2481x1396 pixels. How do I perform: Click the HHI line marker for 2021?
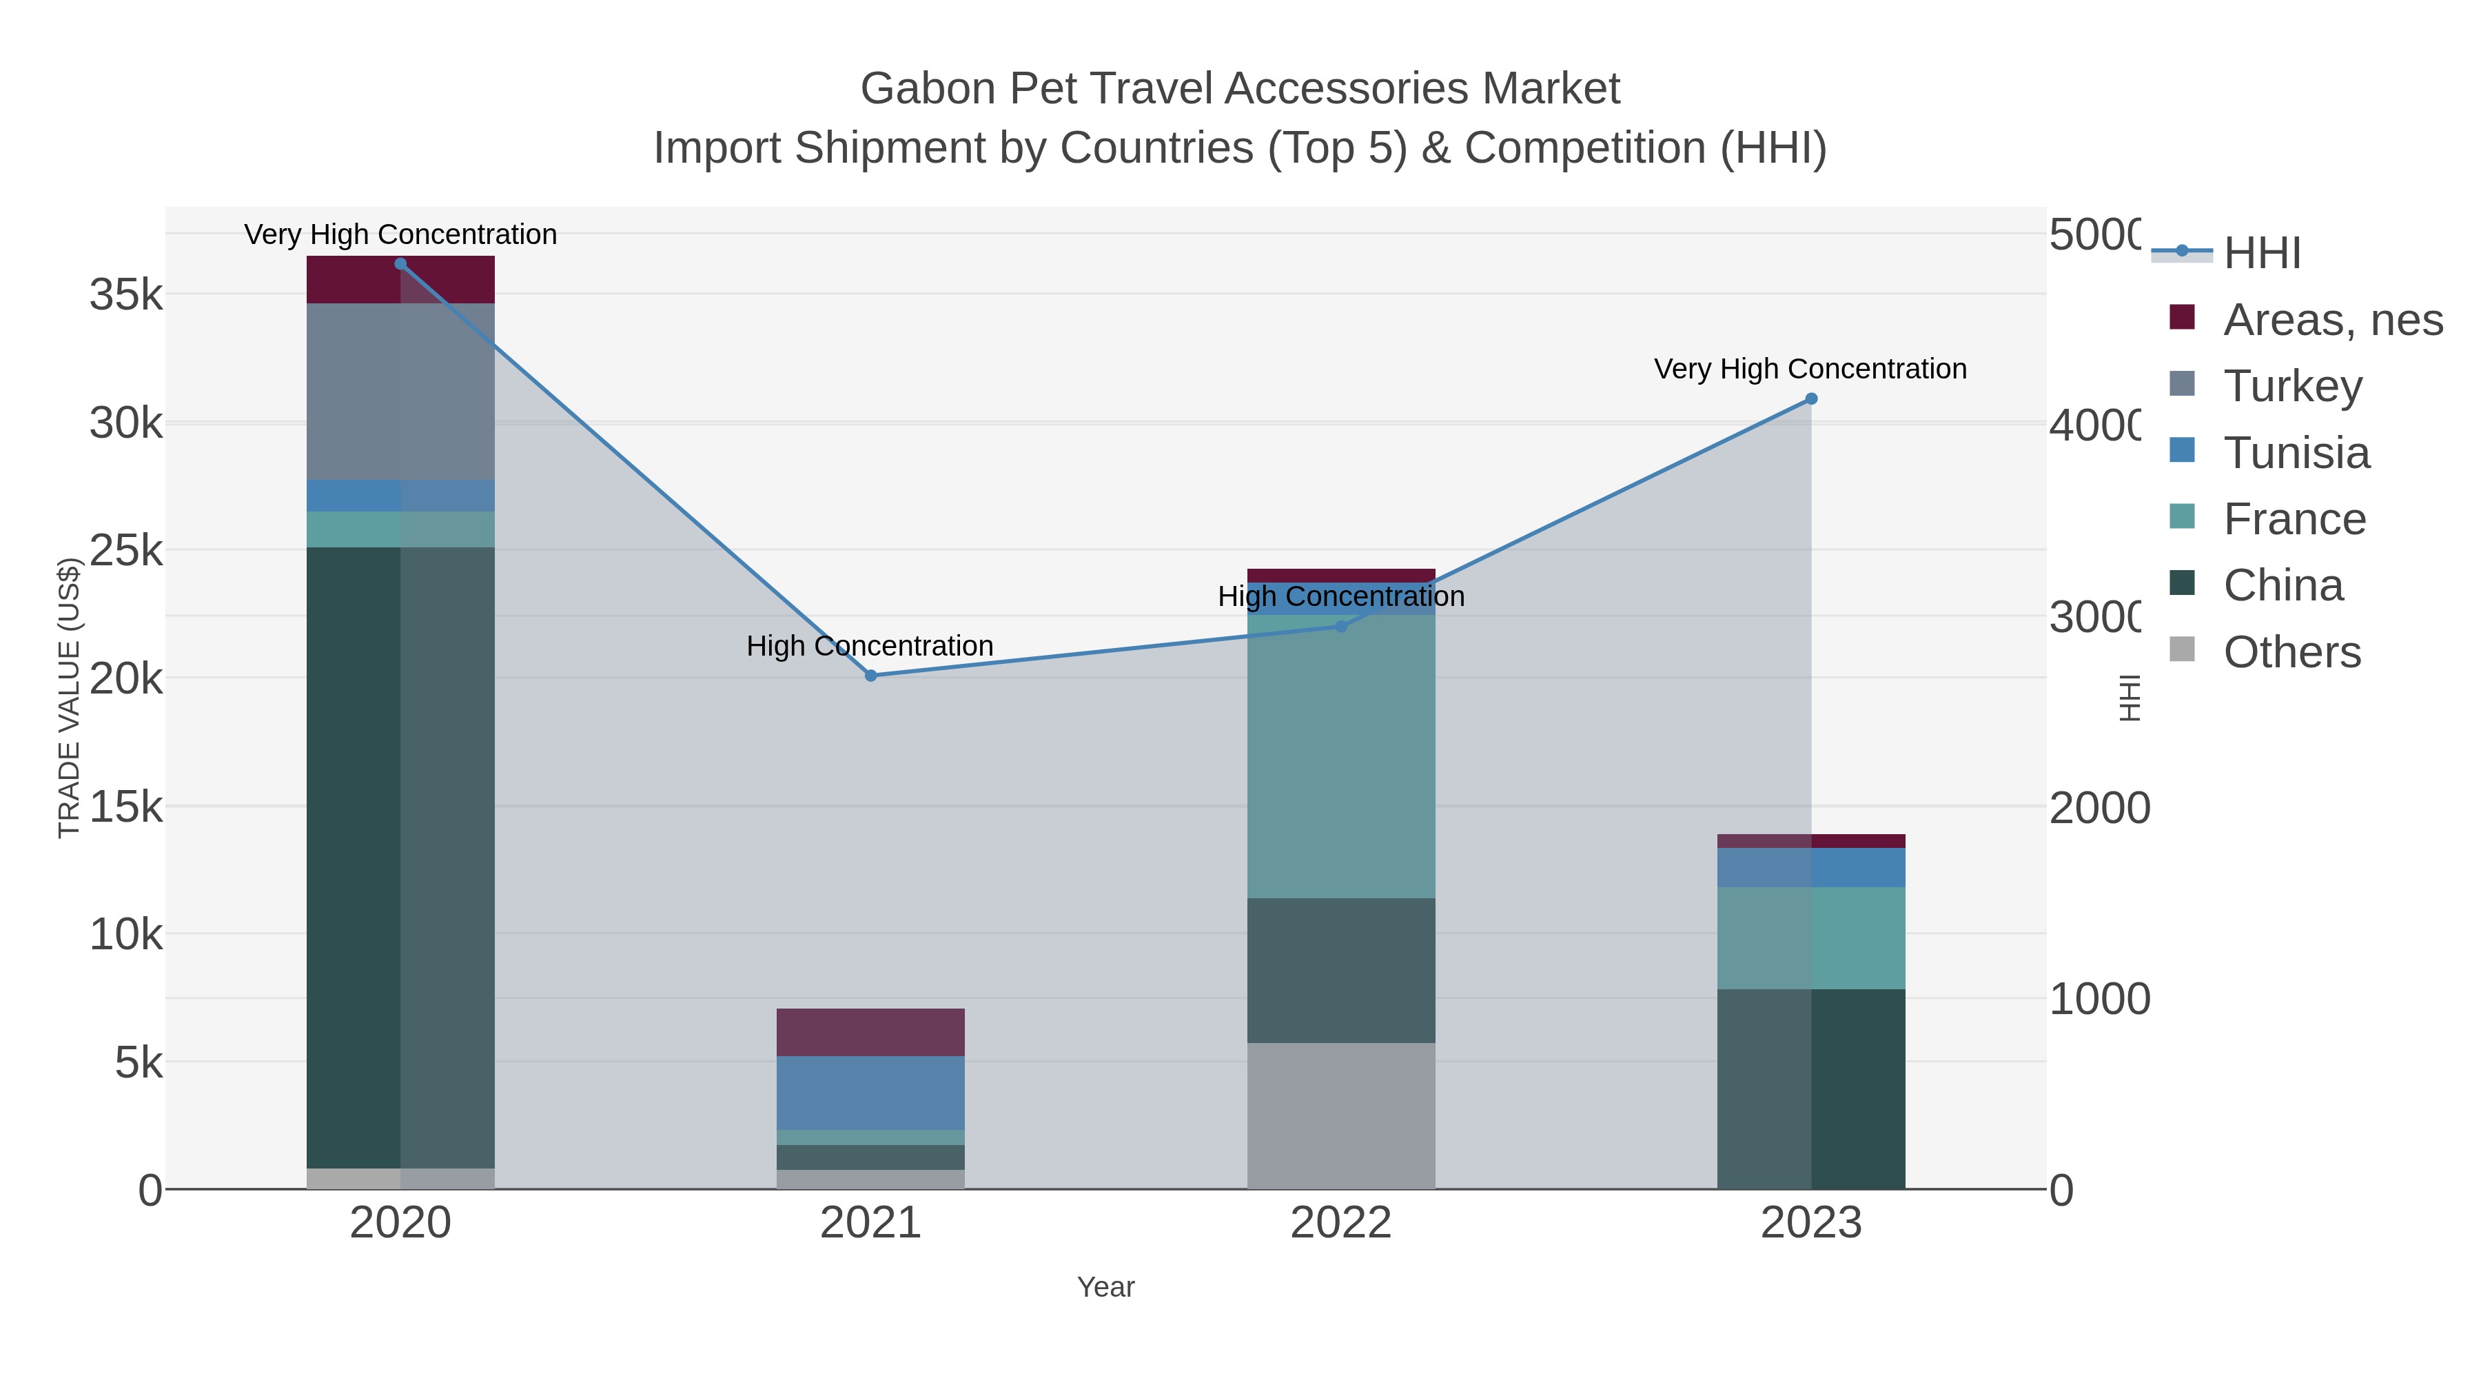870,676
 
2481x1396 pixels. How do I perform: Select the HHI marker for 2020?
400,264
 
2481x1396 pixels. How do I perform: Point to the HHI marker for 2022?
1340,626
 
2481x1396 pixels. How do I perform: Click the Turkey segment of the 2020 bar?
400,391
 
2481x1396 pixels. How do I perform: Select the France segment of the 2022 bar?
1340,756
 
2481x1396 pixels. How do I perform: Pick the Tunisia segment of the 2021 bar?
870,1093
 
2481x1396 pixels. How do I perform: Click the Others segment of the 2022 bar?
1340,1115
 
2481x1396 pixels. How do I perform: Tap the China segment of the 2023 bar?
1810,1089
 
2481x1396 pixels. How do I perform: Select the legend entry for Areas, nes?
2331,320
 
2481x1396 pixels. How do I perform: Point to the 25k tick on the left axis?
126,551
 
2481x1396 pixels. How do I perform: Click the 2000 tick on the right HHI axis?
2099,807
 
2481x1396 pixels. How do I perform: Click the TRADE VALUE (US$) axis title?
68,698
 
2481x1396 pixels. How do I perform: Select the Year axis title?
1105,1287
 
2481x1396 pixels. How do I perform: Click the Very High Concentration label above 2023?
1810,369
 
